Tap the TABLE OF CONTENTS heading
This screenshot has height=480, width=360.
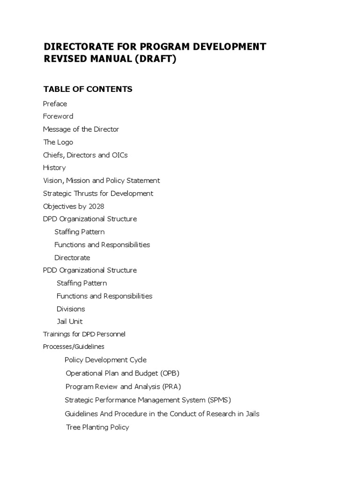(88, 89)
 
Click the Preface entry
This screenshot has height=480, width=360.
(55, 104)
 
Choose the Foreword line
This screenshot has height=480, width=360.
(58, 116)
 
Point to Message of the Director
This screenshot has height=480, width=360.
(81, 129)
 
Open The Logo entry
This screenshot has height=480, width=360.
(58, 142)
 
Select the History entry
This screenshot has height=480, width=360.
(54, 167)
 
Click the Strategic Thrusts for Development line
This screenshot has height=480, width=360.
(98, 193)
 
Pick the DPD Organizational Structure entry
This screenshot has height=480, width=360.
(90, 219)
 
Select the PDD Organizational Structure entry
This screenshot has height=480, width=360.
(90, 270)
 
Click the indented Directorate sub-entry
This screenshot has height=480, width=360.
(72, 257)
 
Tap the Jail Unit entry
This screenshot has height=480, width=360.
(70, 322)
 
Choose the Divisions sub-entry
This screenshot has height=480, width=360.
(71, 309)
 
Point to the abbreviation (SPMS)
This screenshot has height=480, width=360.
(219, 400)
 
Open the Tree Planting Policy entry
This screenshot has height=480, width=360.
(97, 427)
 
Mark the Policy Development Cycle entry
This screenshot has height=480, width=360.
(105, 360)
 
